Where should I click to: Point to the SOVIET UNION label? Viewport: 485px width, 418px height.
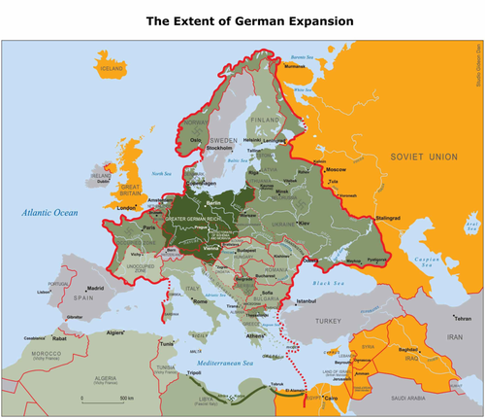point(423,157)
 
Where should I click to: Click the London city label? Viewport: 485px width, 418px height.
point(125,207)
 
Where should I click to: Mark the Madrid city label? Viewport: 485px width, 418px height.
point(95,288)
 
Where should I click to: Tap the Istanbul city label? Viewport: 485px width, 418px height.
point(308,302)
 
